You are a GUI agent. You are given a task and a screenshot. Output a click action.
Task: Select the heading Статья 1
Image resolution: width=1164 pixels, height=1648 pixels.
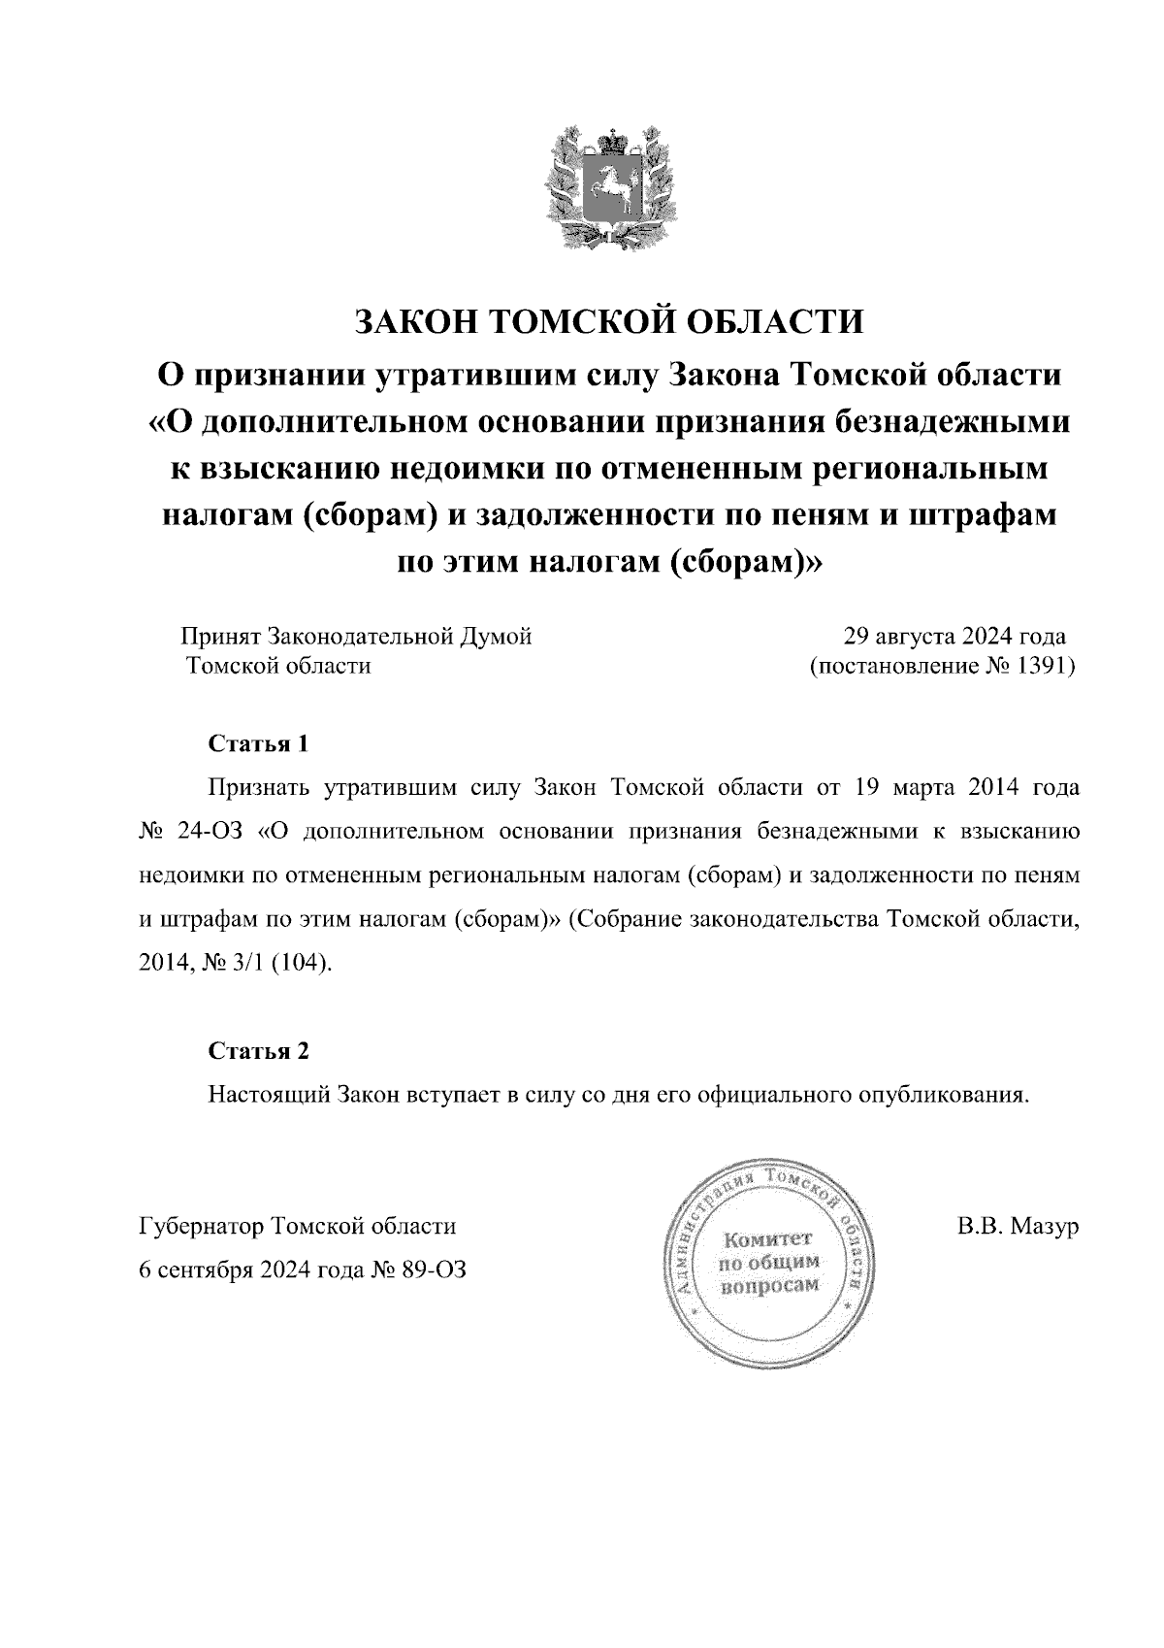click(258, 744)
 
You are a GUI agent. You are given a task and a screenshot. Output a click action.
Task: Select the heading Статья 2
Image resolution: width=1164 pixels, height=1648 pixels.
click(258, 1051)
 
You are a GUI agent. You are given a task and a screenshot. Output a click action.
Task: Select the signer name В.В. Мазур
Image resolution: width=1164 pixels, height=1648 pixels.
click(1018, 1227)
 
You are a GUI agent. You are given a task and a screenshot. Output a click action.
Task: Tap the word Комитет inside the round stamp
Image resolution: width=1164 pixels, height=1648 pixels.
click(768, 1239)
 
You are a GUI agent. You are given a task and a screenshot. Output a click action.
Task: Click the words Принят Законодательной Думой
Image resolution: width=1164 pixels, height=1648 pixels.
click(356, 638)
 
